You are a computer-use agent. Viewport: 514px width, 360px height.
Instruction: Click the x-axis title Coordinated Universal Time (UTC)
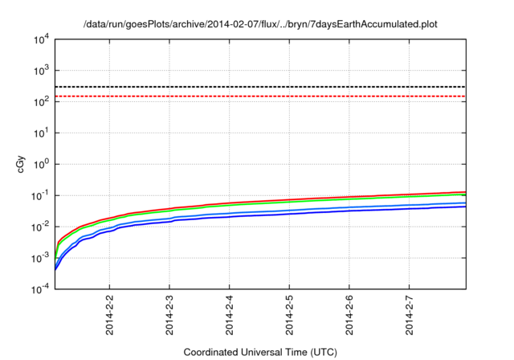260,352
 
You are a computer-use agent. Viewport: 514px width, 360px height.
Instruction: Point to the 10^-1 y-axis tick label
39,195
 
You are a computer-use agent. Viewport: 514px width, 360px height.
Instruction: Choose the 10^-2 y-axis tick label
39,227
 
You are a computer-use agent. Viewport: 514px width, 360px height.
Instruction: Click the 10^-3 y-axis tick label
39,258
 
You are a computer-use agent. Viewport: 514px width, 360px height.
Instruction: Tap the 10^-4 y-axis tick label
39,289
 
